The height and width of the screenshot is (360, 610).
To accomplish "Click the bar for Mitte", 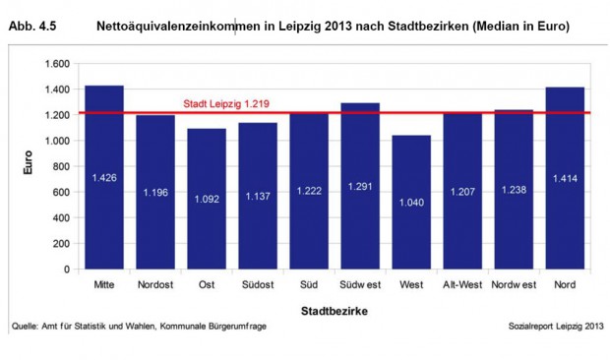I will [103, 177].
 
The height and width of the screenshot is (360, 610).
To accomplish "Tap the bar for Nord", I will [565, 178].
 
